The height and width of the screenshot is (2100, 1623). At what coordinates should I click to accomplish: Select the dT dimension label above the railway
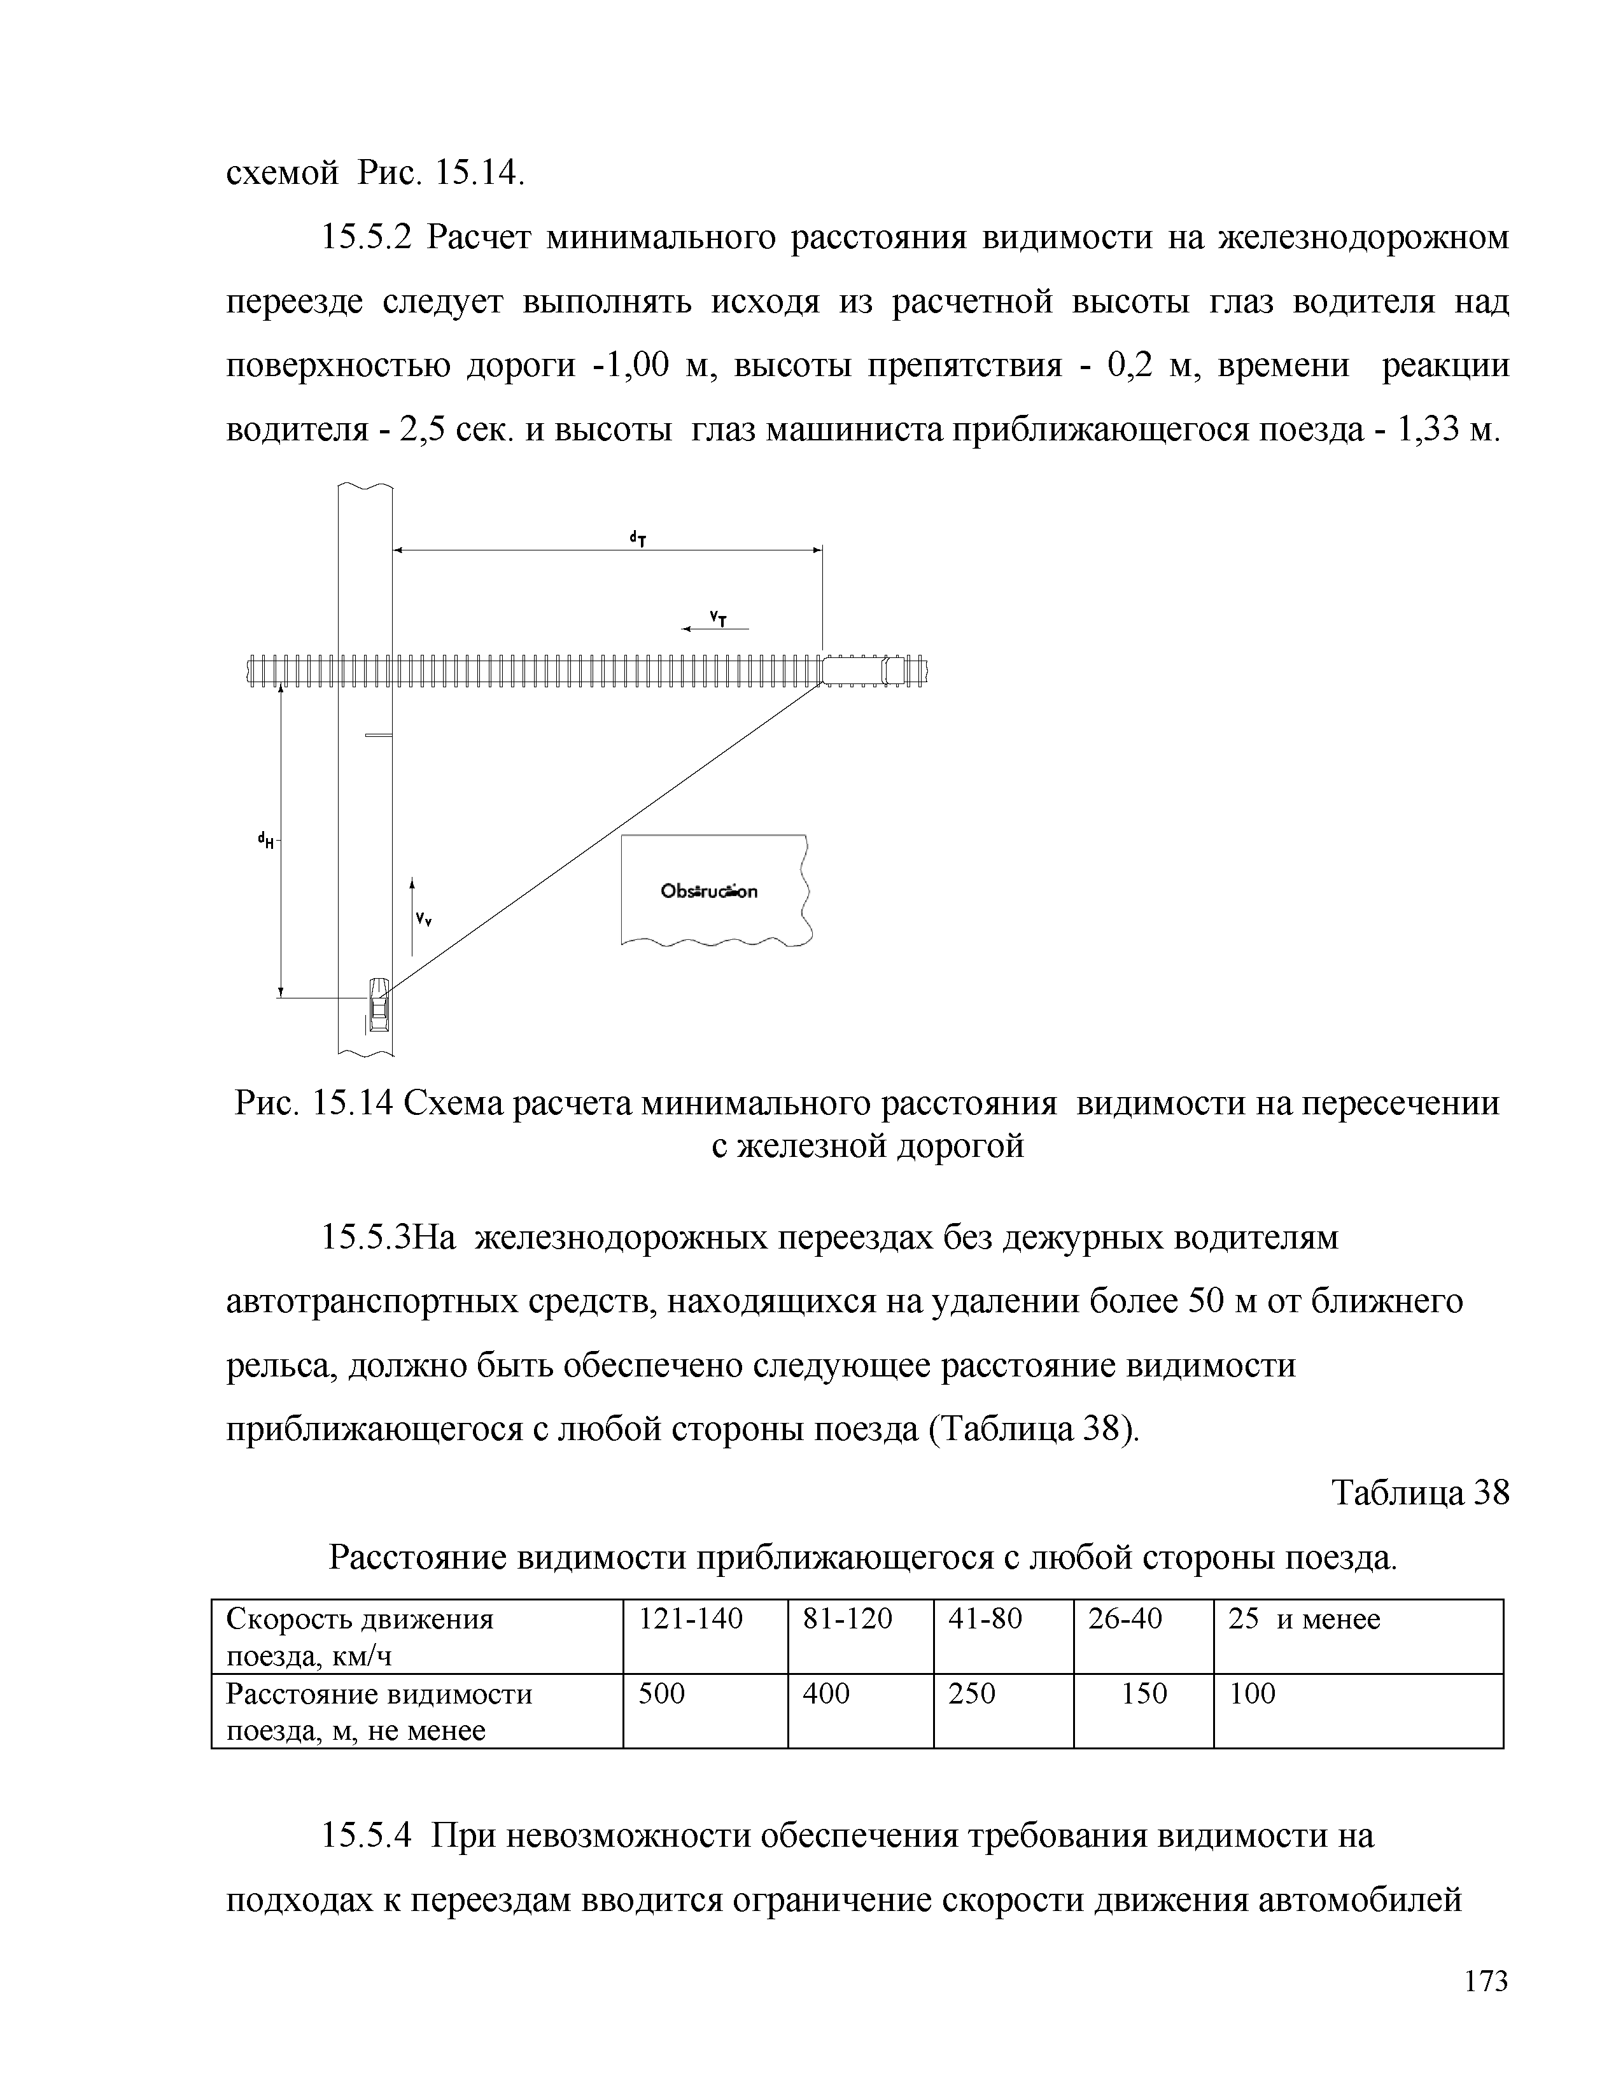(x=636, y=538)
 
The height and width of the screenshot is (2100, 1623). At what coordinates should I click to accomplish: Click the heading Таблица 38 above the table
(x=1420, y=1494)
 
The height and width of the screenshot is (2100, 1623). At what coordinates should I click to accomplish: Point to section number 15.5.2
(x=365, y=237)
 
